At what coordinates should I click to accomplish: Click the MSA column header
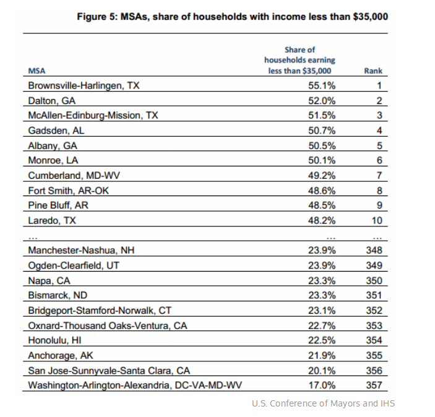(37, 71)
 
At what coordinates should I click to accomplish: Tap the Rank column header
(373, 71)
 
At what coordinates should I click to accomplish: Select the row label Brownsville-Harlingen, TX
(84, 85)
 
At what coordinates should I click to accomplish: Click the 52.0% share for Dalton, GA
(322, 101)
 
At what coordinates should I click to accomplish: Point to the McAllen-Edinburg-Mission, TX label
(93, 116)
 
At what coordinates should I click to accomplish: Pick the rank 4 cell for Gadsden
(379, 131)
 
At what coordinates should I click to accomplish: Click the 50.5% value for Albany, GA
(322, 145)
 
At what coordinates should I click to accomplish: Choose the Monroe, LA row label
(53, 160)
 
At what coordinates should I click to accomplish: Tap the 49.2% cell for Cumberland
(322, 176)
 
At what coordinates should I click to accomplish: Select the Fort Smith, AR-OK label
(69, 191)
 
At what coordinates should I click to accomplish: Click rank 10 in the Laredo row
(377, 221)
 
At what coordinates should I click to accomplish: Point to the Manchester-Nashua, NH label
(81, 251)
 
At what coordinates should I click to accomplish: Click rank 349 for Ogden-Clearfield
(374, 265)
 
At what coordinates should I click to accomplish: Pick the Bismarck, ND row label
(58, 295)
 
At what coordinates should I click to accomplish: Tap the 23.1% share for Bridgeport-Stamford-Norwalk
(322, 311)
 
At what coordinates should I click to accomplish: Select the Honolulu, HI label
(54, 340)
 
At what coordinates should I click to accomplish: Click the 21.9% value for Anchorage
(322, 355)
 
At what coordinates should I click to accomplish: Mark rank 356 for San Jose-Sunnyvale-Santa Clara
(374, 371)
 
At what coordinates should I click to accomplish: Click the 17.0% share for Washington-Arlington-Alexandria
(322, 385)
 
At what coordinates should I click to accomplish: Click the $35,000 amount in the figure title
(371, 17)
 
